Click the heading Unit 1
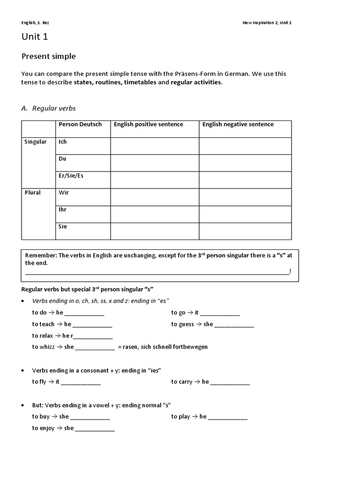[35, 37]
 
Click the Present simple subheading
[48, 56]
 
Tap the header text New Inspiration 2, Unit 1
[266, 22]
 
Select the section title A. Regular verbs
[48, 108]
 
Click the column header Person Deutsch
[80, 124]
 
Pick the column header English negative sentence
[238, 124]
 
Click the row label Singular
[36, 142]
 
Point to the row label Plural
[33, 193]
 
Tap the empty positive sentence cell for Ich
[155, 146]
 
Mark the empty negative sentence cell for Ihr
[245, 214]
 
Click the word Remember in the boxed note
[40, 255]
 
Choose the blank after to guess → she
[234, 324]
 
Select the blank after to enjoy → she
[95, 428]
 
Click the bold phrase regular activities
[196, 82]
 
